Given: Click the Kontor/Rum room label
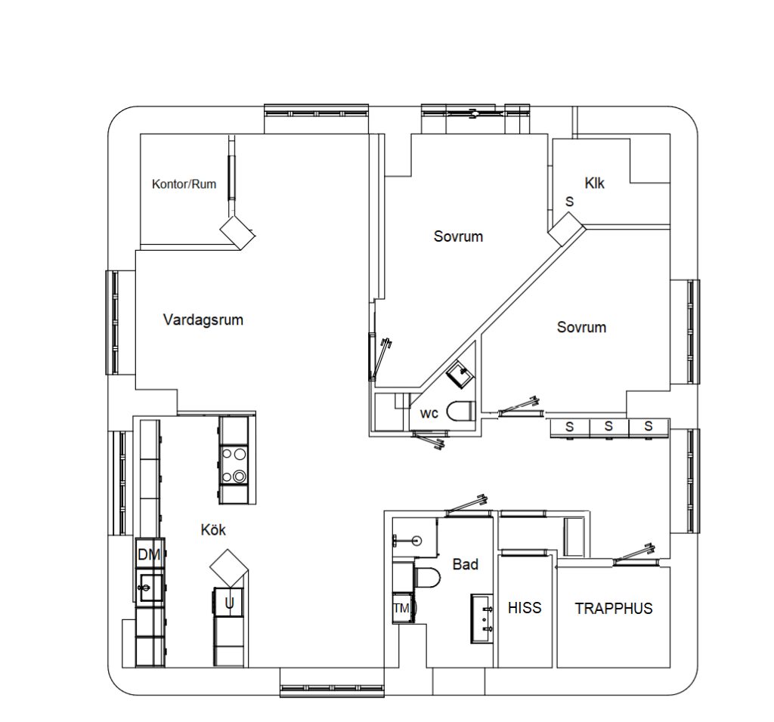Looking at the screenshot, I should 184,184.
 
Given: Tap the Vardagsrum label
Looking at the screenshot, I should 203,319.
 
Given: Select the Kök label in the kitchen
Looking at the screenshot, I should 213,529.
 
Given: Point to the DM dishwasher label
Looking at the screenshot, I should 149,555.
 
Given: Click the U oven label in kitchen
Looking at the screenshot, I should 228,602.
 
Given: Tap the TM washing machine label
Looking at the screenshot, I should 401,608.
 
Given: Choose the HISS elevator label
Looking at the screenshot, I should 525,607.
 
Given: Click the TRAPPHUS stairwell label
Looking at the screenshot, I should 613,608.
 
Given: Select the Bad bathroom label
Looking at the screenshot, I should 465,563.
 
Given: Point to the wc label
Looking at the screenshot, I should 429,413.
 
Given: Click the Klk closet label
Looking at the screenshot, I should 595,183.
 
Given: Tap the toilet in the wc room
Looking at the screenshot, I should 459,412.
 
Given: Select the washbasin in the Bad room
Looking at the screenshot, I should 482,618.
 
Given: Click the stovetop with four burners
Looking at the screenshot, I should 234,464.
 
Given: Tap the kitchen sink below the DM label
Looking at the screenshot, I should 150,587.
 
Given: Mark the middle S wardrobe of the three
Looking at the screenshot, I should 608,427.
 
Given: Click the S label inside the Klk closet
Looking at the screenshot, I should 569,202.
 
